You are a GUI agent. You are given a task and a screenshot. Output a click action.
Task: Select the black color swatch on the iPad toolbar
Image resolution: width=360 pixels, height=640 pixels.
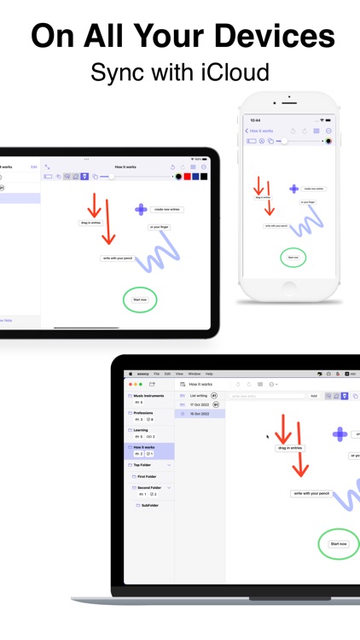204,177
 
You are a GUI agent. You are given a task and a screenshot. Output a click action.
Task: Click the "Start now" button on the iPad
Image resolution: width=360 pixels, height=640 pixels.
140,300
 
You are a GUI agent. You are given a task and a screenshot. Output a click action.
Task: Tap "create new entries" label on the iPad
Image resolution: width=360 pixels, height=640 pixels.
166,209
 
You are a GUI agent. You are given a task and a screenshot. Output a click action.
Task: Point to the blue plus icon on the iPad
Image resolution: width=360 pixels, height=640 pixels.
141,209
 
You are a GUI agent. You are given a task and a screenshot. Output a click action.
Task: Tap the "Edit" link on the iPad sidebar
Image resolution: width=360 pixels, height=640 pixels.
34,167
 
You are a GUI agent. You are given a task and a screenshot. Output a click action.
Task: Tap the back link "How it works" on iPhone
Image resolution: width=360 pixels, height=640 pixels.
258,131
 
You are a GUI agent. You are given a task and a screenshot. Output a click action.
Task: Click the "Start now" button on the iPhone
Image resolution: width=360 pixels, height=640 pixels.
293,257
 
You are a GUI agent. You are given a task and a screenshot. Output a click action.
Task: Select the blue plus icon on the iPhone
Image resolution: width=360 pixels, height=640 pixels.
294,189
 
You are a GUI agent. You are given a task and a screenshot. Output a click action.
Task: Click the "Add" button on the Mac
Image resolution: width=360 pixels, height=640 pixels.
314,396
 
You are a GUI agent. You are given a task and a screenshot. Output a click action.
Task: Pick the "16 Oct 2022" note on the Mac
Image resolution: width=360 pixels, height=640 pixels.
200,414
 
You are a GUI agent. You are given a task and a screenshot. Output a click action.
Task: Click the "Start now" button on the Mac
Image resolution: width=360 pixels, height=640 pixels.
339,544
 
